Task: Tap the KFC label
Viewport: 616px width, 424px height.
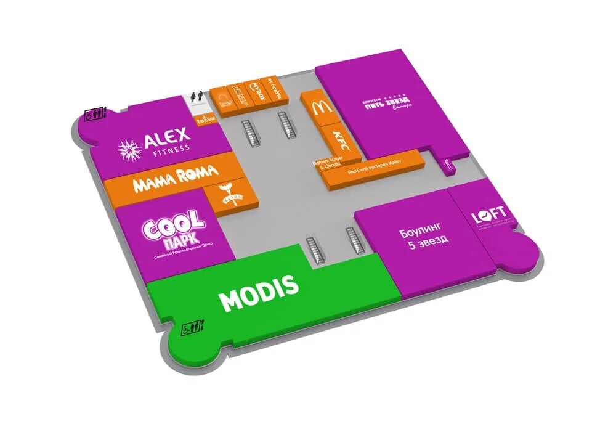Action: tap(338, 139)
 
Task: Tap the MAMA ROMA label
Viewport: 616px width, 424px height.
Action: tap(175, 176)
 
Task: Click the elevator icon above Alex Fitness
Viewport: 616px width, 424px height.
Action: tap(96, 114)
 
